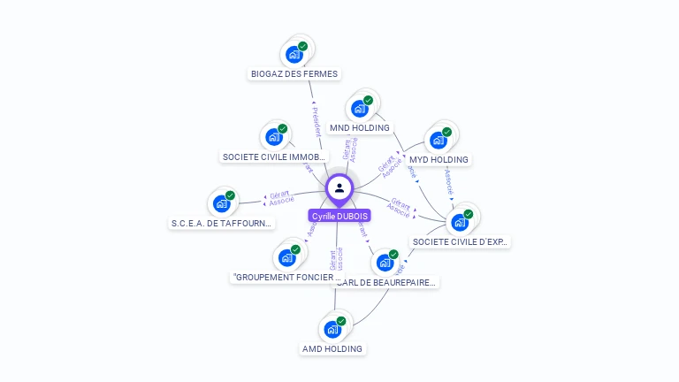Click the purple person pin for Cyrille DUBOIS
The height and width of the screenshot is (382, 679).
coord(339,188)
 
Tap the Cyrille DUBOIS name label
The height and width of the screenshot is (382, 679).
coord(339,216)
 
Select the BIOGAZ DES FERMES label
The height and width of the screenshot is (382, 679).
coord(294,73)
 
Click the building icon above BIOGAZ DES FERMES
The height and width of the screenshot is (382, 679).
coord(294,54)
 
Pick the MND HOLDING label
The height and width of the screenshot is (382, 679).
coord(359,127)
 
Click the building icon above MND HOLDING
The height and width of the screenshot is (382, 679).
coord(359,109)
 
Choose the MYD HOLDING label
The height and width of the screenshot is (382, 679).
coord(439,159)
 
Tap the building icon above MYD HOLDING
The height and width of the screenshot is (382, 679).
coord(438,140)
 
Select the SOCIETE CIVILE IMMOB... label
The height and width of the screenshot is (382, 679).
coord(267,157)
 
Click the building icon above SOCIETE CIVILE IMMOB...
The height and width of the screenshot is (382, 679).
coord(274,137)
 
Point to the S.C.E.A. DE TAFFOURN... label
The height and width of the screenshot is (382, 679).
coord(222,224)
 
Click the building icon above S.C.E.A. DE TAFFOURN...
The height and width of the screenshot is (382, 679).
coord(221,203)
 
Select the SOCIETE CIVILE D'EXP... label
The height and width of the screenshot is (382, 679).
coord(461,241)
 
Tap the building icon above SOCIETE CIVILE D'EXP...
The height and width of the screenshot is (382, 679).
coord(460,222)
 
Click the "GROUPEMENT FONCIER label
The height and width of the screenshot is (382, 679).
coord(282,277)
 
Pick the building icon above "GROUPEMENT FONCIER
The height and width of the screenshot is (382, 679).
coord(286,257)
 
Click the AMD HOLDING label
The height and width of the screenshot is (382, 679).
coord(332,348)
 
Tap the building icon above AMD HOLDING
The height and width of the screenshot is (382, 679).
coord(332,329)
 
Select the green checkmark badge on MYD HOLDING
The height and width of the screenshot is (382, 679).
coord(446,132)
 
